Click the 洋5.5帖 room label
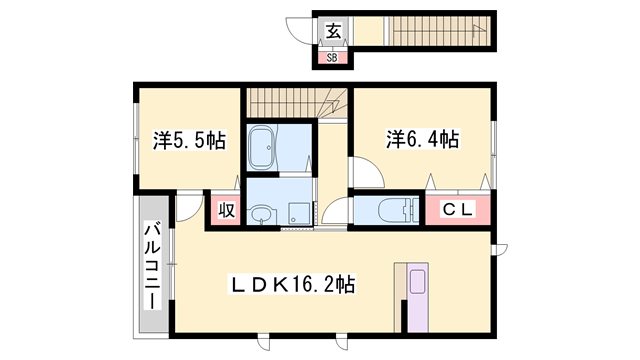point(188,141)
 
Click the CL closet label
point(456,210)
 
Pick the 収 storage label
point(226,211)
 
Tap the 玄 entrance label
point(332,31)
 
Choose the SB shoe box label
point(333,57)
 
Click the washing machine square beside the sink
point(297,212)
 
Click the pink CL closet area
point(457,211)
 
